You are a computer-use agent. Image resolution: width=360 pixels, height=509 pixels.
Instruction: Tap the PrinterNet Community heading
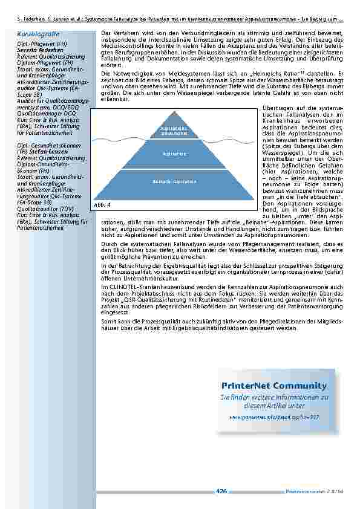(273, 386)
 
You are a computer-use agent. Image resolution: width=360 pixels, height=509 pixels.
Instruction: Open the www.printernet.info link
(273, 417)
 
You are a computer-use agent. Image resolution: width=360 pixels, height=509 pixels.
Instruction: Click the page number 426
(221, 491)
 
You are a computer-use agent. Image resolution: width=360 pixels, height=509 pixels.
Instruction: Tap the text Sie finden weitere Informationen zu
(273, 398)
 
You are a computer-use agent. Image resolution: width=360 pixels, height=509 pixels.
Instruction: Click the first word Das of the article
(105, 32)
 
